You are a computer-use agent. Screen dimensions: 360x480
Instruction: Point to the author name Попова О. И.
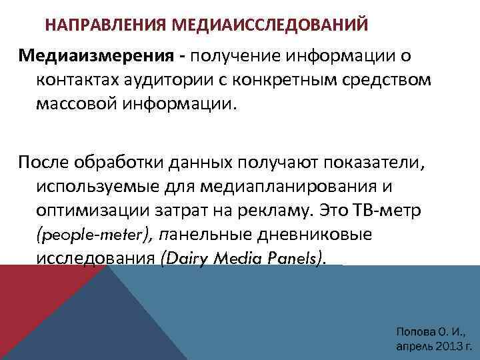pos(429,331)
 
